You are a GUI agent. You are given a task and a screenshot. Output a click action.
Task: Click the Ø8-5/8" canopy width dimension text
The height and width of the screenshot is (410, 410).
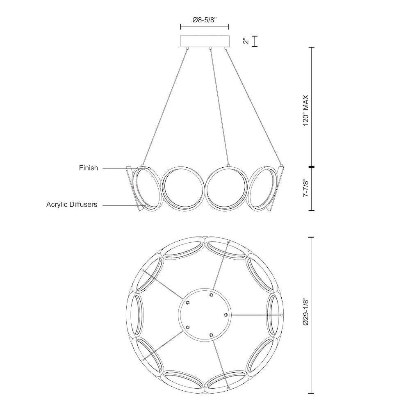pos(205,20)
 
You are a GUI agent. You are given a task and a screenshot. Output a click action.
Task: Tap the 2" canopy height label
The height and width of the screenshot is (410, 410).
pos(246,41)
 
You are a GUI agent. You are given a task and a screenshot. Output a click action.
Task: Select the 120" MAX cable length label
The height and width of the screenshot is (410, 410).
pos(306,110)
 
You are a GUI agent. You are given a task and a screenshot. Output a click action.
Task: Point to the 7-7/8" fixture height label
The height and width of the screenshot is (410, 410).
pos(306,188)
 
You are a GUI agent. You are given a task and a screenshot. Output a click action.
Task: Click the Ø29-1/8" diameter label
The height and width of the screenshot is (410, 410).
pos(306,311)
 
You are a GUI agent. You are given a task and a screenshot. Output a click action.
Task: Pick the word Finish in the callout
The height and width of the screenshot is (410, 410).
pos(89,168)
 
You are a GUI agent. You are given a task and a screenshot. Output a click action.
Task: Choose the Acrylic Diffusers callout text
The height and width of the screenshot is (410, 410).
pos(72,204)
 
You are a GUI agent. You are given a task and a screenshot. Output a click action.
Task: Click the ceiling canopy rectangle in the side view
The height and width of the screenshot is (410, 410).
pos(205,41)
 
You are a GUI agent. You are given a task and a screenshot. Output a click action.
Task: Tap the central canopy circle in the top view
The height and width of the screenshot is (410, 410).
pos(205,314)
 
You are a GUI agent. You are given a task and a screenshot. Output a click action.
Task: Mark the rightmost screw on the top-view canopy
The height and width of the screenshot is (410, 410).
pos(226,314)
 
